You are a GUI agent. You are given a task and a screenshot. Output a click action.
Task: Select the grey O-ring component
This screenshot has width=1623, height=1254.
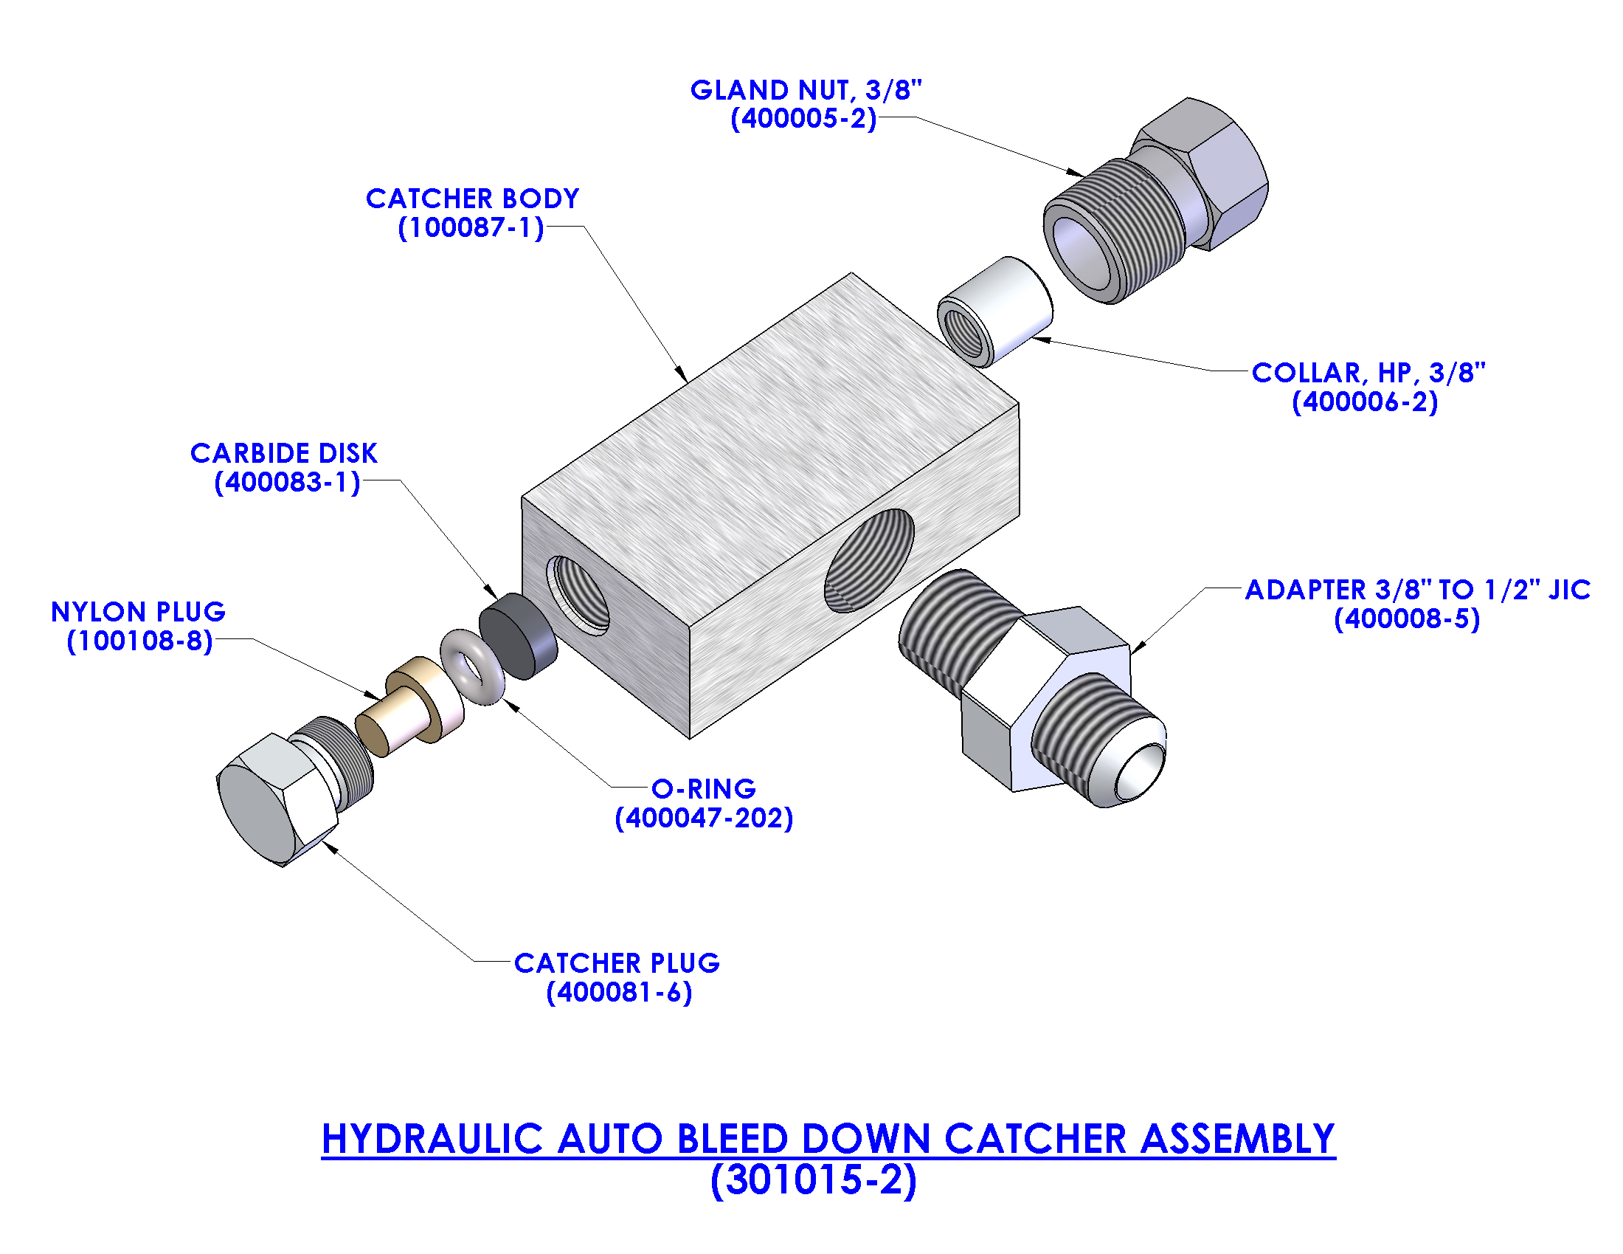point(471,666)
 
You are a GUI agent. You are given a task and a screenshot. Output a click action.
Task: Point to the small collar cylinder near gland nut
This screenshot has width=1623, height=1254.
point(996,311)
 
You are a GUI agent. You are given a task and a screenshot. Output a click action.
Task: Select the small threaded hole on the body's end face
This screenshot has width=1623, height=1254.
point(580,595)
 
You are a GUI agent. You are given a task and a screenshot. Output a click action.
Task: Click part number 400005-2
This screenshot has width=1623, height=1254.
point(803,119)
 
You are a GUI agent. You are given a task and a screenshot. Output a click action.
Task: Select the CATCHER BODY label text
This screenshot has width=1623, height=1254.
point(472,199)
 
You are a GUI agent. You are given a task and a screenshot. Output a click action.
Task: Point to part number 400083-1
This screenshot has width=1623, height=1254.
point(288,483)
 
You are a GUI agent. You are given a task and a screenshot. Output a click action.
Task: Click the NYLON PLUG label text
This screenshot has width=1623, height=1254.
point(138,612)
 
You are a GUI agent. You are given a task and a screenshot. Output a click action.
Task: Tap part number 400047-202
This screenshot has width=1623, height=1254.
point(704,819)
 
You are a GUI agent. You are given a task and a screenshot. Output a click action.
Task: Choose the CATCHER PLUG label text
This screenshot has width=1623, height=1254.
point(617,963)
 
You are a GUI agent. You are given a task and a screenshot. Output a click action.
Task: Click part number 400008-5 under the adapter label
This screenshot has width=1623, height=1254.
point(1407,619)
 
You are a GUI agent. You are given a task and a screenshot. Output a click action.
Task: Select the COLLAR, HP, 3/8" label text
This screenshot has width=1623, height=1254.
point(1368,373)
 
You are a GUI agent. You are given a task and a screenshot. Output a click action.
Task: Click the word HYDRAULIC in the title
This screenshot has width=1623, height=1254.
point(432,1140)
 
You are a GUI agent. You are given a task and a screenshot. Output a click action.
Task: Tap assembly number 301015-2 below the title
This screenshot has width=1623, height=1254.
point(814,1180)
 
